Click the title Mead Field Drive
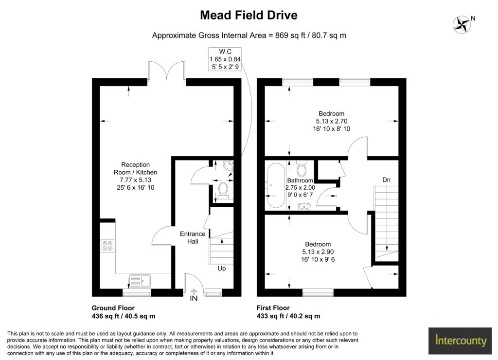pos(249,15)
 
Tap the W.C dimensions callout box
pos(225,59)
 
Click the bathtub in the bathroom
pos(275,185)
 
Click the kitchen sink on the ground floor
pos(140,281)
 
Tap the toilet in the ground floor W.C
pos(224,190)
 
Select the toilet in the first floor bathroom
pos(302,169)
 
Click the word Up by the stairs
pos(221,268)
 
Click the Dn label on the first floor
pos(386,180)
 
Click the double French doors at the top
pos(166,71)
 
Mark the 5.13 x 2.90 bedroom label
pos(318,252)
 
